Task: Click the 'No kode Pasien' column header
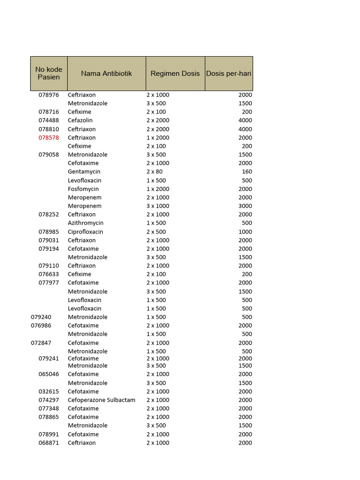49,73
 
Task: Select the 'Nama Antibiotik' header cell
106,74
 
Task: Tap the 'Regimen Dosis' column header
175,74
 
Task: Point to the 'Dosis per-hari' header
229,74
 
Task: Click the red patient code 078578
49,138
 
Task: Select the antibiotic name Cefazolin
80,120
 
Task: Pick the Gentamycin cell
84,172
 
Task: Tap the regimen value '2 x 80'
155,172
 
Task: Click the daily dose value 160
247,172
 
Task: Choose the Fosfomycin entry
83,189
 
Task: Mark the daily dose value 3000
245,206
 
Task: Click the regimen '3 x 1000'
158,206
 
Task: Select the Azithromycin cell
86,223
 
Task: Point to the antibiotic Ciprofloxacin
85,232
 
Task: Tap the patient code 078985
49,232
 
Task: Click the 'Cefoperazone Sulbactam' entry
101,400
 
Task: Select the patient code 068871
49,443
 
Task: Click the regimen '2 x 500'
156,232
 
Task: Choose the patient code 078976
49,95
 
